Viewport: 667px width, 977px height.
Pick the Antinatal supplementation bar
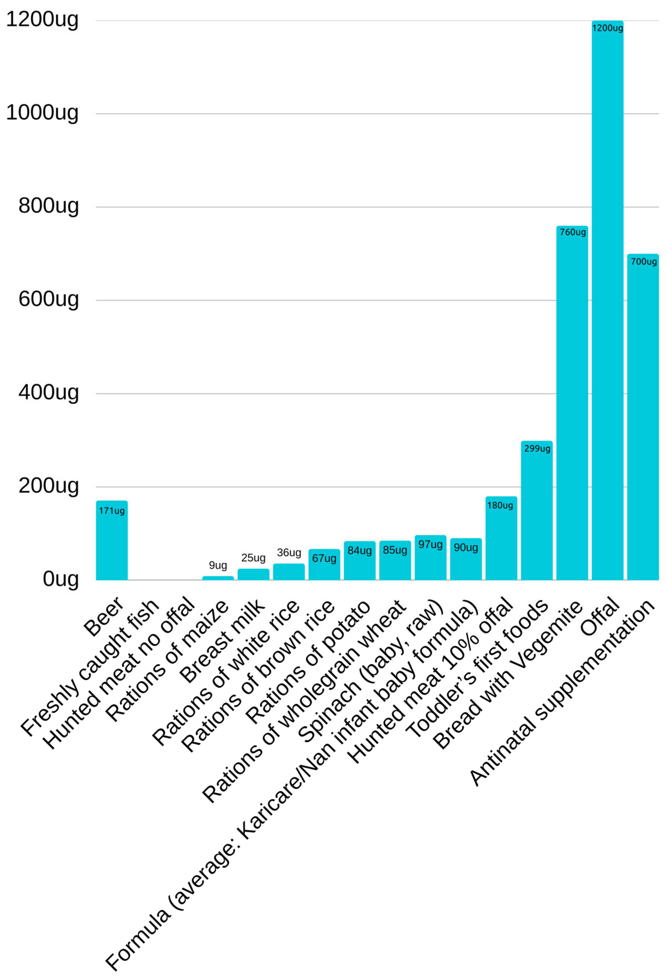[x=643, y=420]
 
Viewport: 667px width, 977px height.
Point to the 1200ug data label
[x=607, y=28]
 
